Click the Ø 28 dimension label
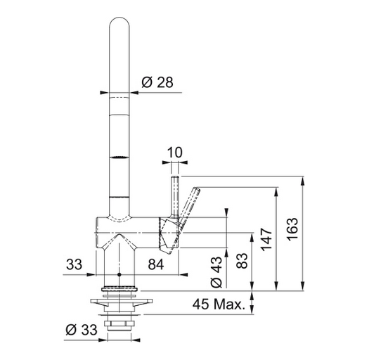tap(157, 82)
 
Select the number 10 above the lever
tap(174, 153)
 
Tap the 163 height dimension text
tap(292, 229)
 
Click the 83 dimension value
tap(242, 261)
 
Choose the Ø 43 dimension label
tap(216, 272)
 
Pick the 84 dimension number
tap(156, 264)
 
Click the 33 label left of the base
tap(74, 264)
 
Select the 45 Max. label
tap(219, 304)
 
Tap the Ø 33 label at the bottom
tap(82, 330)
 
